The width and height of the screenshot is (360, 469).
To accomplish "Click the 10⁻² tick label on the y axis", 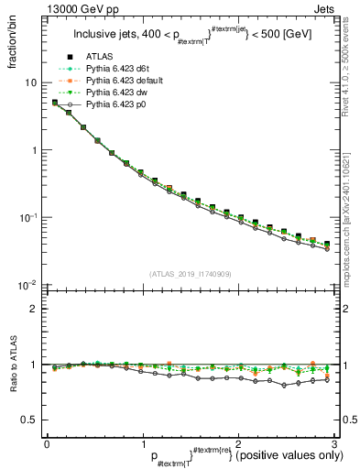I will [x=28, y=286].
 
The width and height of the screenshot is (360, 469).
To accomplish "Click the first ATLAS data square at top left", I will [x=55, y=103].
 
